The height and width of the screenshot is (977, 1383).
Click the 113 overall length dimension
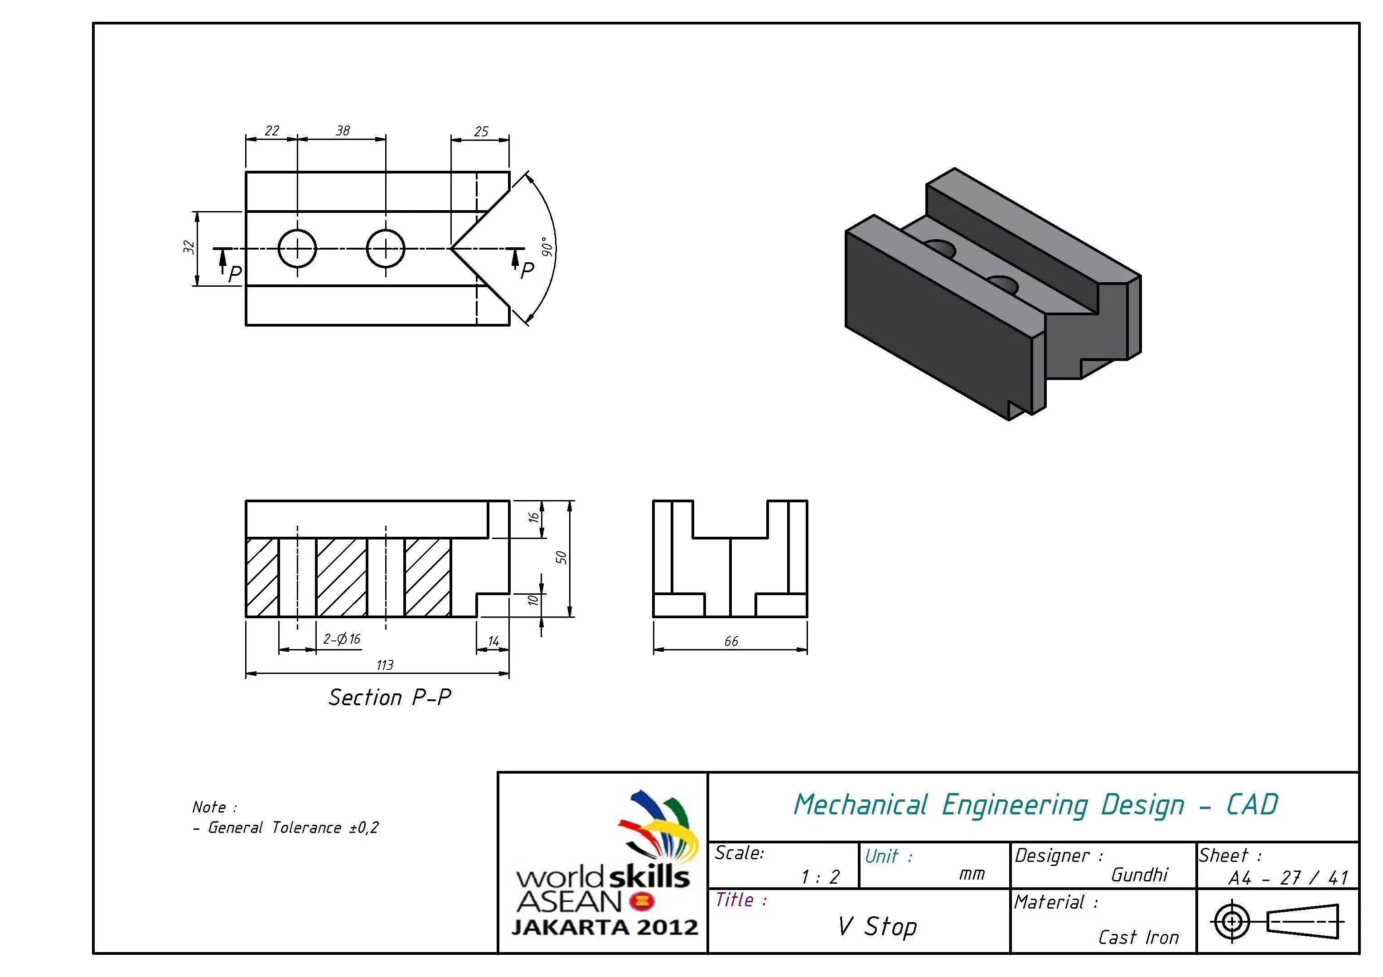coord(384,664)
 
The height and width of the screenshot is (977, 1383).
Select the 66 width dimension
coord(730,641)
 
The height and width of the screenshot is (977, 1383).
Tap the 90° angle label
coord(547,246)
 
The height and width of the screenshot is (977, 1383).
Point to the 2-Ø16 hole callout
coord(342,639)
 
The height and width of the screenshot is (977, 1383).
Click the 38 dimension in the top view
coord(343,130)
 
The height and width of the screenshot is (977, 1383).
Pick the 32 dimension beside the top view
coord(189,247)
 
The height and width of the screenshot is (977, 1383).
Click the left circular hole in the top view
coord(297,248)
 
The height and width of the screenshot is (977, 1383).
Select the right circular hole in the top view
coord(386,248)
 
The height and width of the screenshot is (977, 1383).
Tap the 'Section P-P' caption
coord(389,697)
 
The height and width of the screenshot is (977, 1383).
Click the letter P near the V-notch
coord(527,270)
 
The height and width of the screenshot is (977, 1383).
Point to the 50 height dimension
coord(561,558)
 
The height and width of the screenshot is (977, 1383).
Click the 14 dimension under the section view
coord(493,642)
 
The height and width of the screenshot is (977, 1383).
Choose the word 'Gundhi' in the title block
coord(1139,875)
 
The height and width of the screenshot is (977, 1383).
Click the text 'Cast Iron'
coord(1138,937)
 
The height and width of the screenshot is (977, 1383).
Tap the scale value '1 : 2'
coord(820,877)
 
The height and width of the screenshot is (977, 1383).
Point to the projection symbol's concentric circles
coord(1232,921)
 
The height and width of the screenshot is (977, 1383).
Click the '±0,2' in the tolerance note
coord(364,828)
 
